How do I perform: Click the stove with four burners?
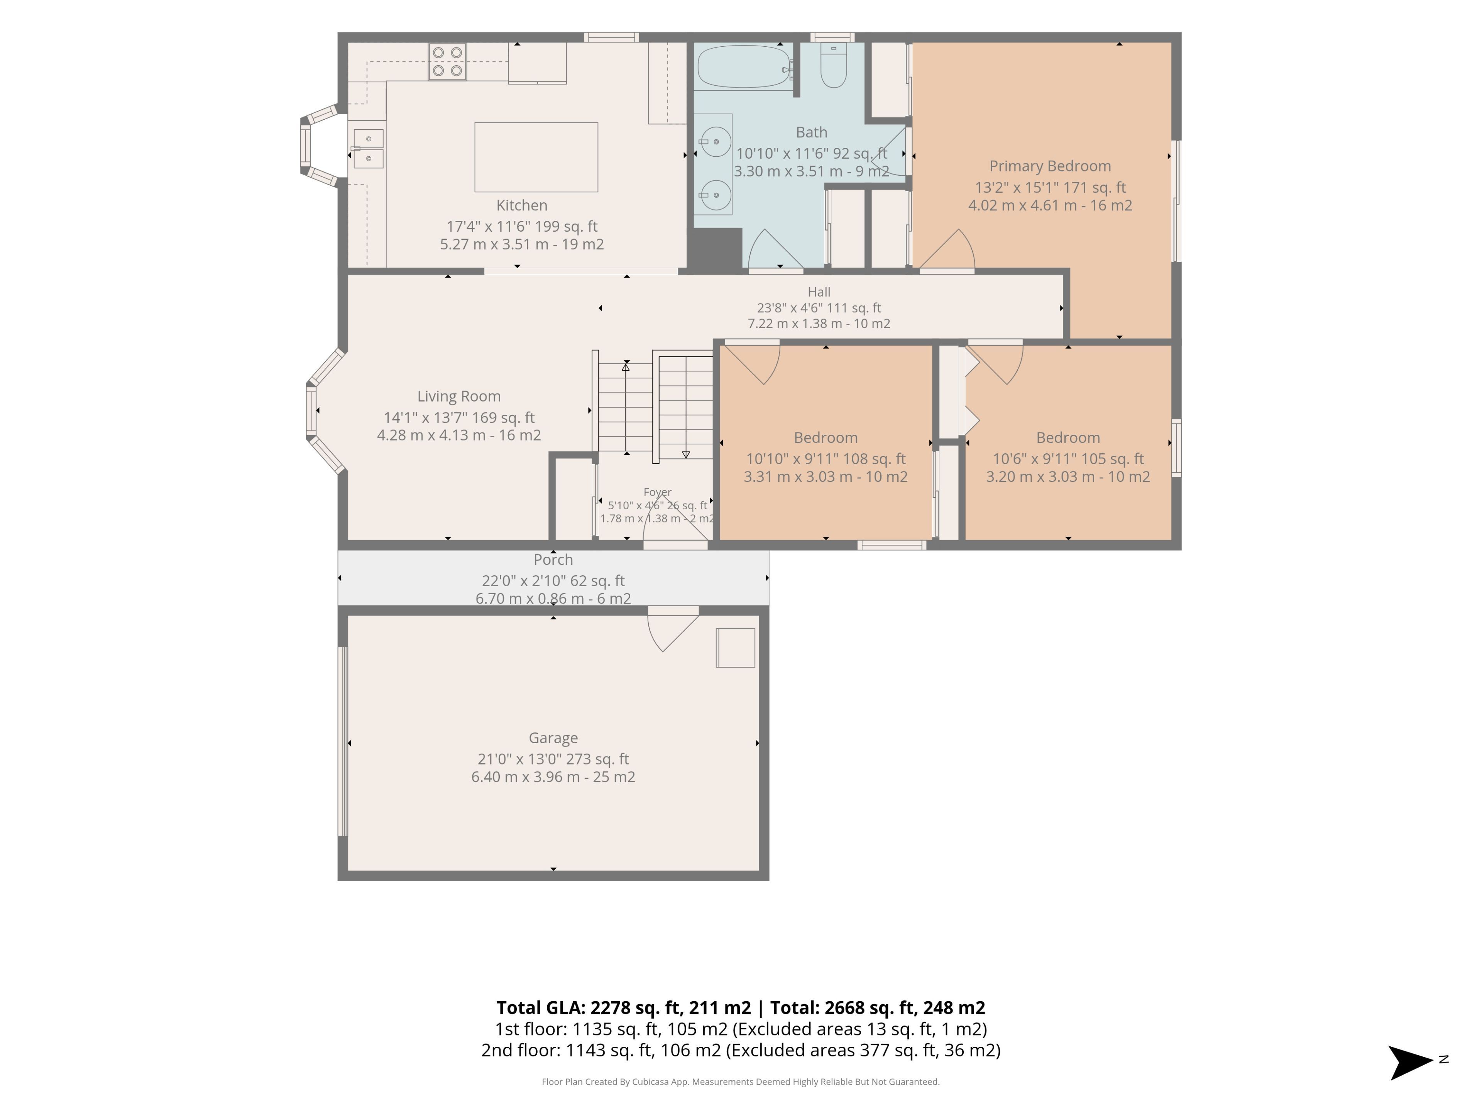pyautogui.click(x=448, y=62)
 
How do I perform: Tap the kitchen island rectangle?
pyautogui.click(x=536, y=157)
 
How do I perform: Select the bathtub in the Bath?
pyautogui.click(x=744, y=66)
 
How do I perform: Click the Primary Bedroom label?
pyautogui.click(x=1050, y=166)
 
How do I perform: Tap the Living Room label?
pyautogui.click(x=459, y=396)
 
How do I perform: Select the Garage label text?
pyautogui.click(x=553, y=738)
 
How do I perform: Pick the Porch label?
pyautogui.click(x=553, y=560)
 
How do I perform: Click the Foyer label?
pyautogui.click(x=657, y=492)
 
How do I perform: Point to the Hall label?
pyautogui.click(x=819, y=292)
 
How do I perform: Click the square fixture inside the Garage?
pyautogui.click(x=736, y=648)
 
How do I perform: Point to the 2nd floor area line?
pyautogui.click(x=741, y=1050)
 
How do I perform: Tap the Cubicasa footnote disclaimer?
pyautogui.click(x=741, y=1082)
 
